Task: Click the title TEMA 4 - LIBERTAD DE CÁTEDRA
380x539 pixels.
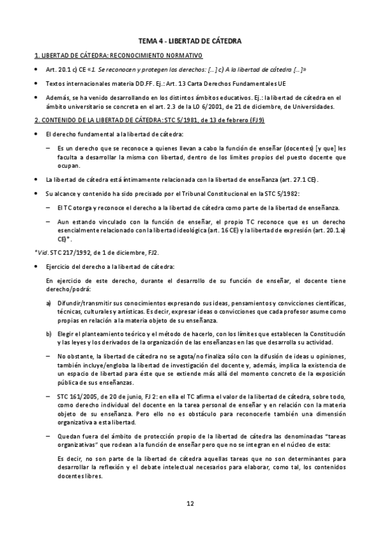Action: [x=190, y=41]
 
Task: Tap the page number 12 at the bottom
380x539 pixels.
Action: [x=190, y=504]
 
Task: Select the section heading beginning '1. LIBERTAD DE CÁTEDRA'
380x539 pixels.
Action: [x=117, y=55]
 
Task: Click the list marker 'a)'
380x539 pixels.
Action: [x=49, y=304]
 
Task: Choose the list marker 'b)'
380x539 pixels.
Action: [x=49, y=334]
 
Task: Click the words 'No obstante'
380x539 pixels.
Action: [x=75, y=357]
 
